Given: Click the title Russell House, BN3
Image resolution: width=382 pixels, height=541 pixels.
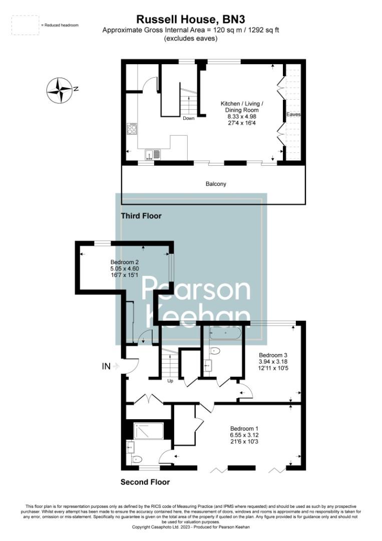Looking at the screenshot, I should tap(191, 20).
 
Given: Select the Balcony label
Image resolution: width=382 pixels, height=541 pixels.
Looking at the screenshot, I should tap(216, 184).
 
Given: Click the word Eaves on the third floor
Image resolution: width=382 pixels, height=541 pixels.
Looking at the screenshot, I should tap(293, 115).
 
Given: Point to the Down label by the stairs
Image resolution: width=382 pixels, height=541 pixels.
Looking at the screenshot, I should tap(189, 119).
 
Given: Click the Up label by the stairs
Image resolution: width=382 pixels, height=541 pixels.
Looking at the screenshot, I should tap(170, 380).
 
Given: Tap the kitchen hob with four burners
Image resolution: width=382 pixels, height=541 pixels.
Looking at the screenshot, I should tap(132, 129).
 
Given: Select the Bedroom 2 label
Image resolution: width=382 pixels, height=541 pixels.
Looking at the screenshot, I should tap(125, 261).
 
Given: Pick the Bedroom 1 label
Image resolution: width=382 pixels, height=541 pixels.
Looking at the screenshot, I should tap(244, 428).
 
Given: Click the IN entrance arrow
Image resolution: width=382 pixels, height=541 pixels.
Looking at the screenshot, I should tap(110, 366).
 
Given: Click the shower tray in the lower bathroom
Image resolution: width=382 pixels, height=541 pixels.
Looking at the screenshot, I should tap(149, 430).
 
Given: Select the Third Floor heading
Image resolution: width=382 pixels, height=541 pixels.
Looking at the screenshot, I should tap(141, 216).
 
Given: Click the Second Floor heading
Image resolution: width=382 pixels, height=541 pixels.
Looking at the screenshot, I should tap(145, 482).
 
